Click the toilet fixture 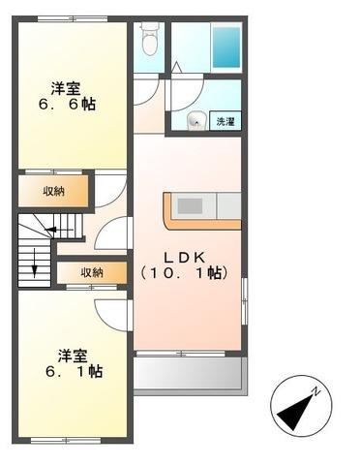(x=148, y=41)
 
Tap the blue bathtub (x=226, y=46)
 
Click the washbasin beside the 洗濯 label (x=195, y=121)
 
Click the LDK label (x=183, y=257)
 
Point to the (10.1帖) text (x=183, y=274)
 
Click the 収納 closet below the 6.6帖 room (x=53, y=191)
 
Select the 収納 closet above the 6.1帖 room (x=92, y=273)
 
